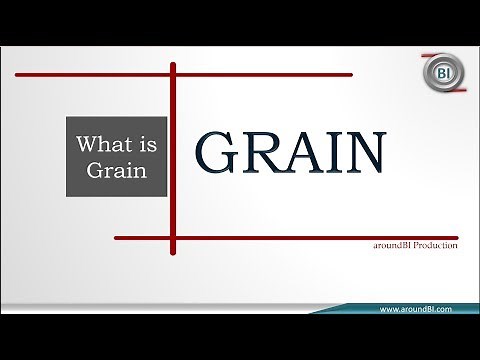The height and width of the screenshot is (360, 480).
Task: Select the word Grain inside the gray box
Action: (x=117, y=169)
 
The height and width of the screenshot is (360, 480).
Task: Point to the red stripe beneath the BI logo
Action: (x=448, y=93)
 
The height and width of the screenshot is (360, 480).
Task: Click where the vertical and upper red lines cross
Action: (x=173, y=74)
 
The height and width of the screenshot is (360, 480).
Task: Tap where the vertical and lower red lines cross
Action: (x=173, y=238)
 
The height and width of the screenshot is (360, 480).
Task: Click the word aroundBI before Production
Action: (x=385, y=247)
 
